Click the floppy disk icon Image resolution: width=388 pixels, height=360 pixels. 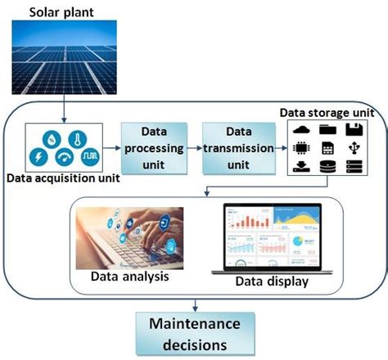[354, 130]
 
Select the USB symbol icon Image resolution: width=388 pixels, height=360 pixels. [354, 148]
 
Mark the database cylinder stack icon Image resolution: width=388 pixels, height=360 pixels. [327, 167]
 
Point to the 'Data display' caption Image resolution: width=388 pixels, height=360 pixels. [271, 282]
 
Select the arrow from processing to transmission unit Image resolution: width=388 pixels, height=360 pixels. [193, 147]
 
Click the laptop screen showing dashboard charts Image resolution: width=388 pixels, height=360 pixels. [271, 237]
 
